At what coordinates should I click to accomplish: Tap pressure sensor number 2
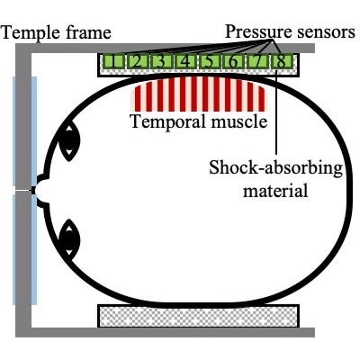pyautogui.click(x=137, y=62)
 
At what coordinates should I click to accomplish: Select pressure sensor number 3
pyautogui.click(x=161, y=62)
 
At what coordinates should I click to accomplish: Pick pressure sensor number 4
pyautogui.click(x=185, y=62)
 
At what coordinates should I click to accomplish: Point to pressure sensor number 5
pyautogui.click(x=209, y=62)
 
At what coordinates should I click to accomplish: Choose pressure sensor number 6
pyautogui.click(x=233, y=62)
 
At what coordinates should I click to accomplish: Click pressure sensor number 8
pyautogui.click(x=281, y=62)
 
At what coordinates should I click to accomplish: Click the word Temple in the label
pyautogui.click(x=31, y=32)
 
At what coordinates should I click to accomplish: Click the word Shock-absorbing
pyautogui.click(x=275, y=168)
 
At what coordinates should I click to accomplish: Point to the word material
pyautogui.click(x=275, y=191)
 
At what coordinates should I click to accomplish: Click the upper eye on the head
pyautogui.click(x=69, y=140)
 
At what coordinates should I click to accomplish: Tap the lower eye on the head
pyautogui.click(x=69, y=238)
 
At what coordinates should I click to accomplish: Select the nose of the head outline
pyautogui.click(x=39, y=191)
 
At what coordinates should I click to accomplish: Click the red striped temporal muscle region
pyautogui.click(x=198, y=94)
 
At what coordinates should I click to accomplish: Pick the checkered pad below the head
pyautogui.click(x=198, y=316)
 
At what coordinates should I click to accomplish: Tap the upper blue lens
pyautogui.click(x=25, y=131)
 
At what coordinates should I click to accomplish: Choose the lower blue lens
pyautogui.click(x=25, y=249)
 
